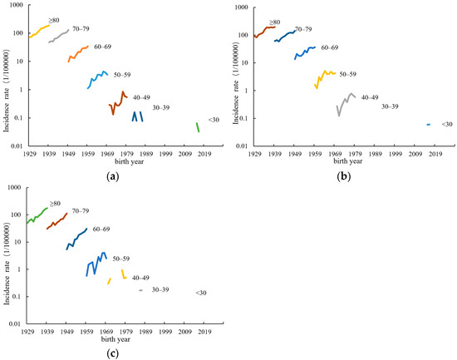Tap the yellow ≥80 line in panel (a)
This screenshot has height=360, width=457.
pyautogui.click(x=40, y=32)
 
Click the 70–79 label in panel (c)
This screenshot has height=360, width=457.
pyautogui.click(x=81, y=211)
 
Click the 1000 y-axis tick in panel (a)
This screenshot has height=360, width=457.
pyautogui.click(x=15, y=7)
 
